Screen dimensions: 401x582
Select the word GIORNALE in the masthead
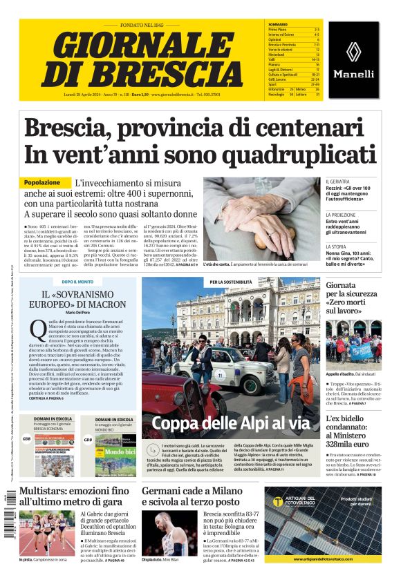tap(133, 46)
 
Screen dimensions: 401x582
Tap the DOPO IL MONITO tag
tap(77, 282)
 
